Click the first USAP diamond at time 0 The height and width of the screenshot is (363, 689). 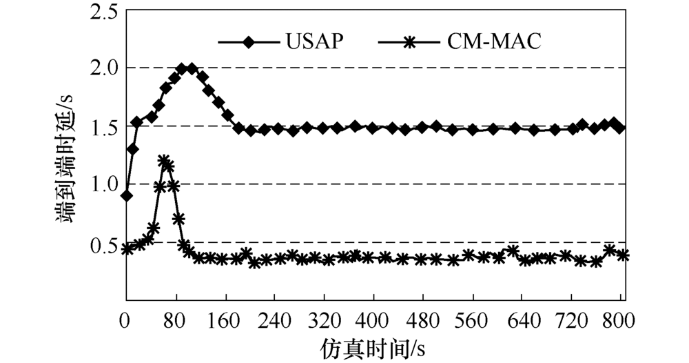(x=127, y=195)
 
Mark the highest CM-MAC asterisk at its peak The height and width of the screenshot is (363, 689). (x=163, y=161)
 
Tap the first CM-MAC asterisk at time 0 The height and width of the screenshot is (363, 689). (x=127, y=248)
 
